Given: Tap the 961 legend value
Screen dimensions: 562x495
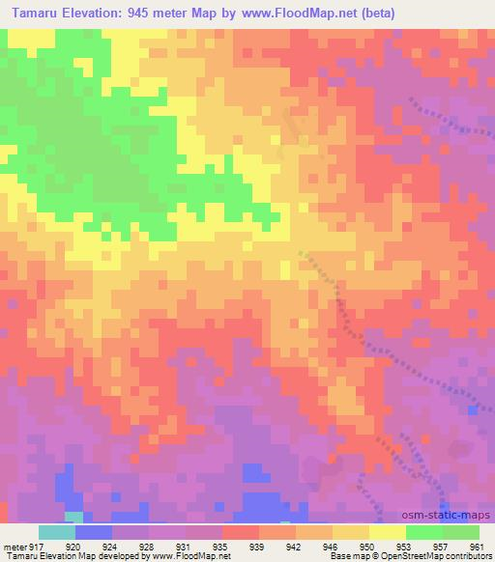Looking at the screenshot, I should (478, 546).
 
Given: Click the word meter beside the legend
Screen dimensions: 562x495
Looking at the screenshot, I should (13, 546).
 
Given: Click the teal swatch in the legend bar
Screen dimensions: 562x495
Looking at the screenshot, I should (57, 532).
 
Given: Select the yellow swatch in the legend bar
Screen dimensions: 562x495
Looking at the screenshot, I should (388, 532).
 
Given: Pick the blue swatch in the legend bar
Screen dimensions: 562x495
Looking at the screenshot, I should (94, 532).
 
